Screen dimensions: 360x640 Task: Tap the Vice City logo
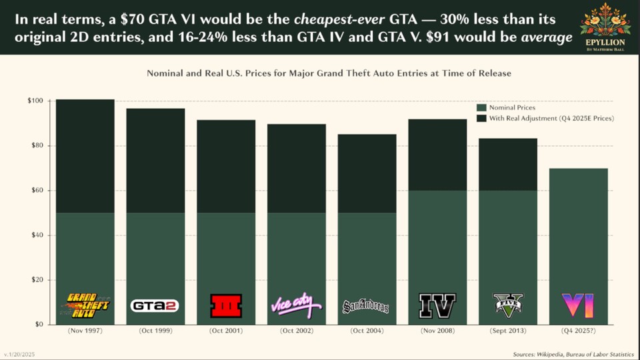point(296,305)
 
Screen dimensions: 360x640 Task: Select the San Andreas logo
point(365,307)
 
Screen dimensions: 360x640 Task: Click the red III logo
point(226,305)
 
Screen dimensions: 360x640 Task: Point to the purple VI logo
point(577,305)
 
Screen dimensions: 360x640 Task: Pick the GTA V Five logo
point(508,305)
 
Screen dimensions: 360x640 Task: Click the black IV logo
point(437,305)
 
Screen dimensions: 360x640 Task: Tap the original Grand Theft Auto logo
point(85,305)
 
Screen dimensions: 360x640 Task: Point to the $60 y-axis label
point(37,190)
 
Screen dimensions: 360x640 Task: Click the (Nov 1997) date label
point(85,331)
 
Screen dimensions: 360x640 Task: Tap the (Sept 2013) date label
point(508,331)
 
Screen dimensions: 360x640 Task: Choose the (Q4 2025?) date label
point(578,331)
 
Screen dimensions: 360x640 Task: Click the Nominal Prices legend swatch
point(481,107)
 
